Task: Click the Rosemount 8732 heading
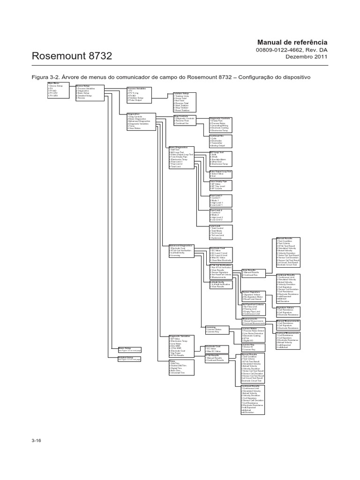pyautogui.click(x=71, y=56)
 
